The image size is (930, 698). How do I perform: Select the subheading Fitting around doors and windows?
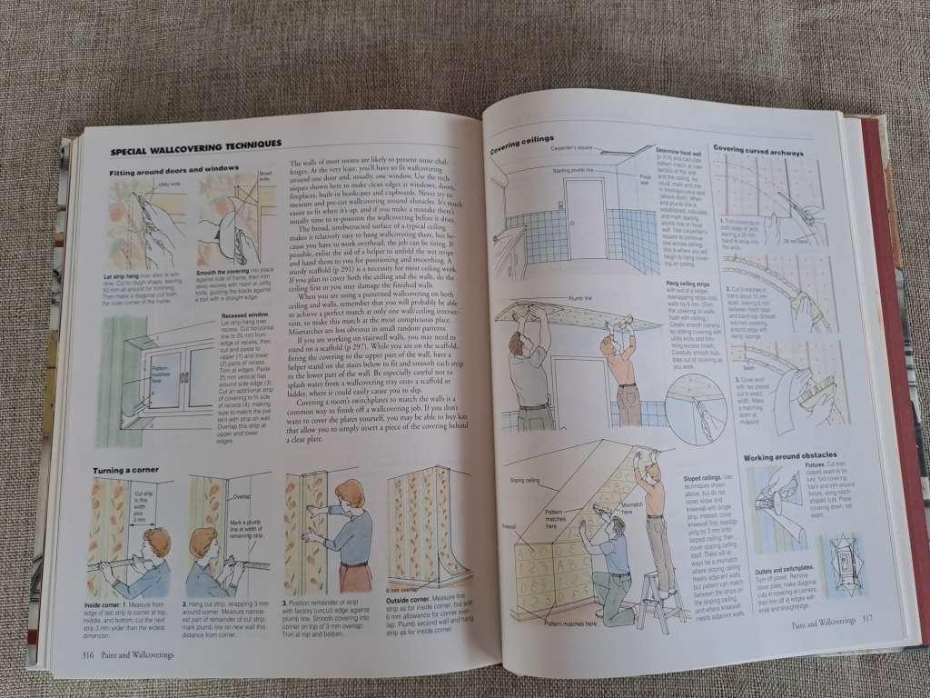(x=174, y=170)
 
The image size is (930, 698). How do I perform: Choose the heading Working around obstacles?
(x=789, y=455)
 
